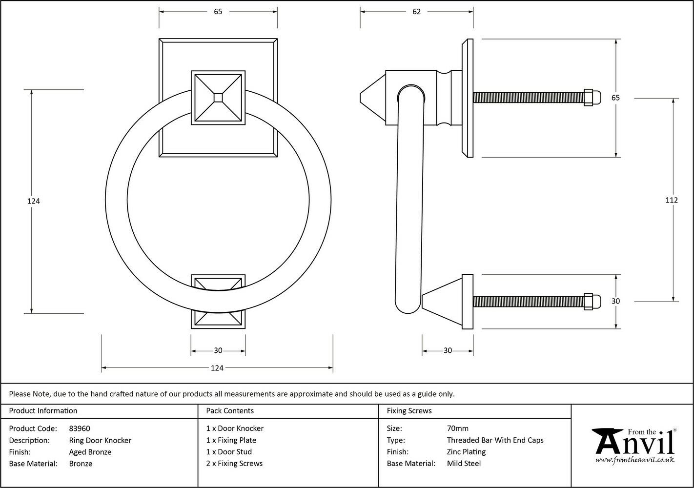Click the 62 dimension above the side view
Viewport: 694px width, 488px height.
pos(416,12)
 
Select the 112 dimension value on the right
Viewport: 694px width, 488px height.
pos(672,200)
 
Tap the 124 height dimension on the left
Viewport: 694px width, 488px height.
pos(34,201)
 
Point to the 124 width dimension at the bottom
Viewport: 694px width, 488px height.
pos(217,368)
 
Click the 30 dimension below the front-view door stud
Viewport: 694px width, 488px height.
pos(218,350)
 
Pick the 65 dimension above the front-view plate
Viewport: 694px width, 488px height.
pos(218,12)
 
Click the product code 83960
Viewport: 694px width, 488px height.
pos(80,428)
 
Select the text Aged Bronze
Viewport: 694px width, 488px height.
pos(90,452)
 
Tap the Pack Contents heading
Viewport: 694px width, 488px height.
pos(230,411)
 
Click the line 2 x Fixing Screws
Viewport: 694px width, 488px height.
pos(234,464)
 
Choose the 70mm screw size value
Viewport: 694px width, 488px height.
pos(457,428)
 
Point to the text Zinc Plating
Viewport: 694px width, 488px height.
pos(466,452)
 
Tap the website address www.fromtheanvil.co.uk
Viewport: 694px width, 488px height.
pos(634,460)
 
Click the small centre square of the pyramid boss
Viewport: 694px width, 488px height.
pos(218,97)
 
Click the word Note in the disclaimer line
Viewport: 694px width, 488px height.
pos(41,394)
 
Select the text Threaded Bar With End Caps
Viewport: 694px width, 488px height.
pos(495,440)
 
